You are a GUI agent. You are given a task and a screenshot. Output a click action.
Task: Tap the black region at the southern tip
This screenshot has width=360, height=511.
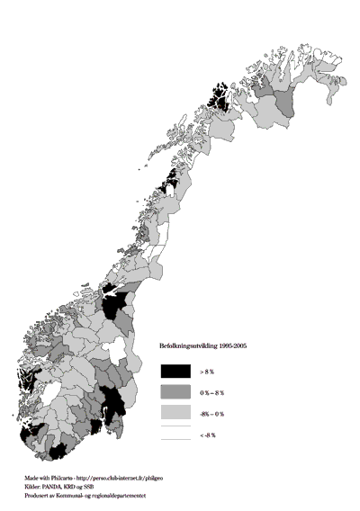point(59,450)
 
